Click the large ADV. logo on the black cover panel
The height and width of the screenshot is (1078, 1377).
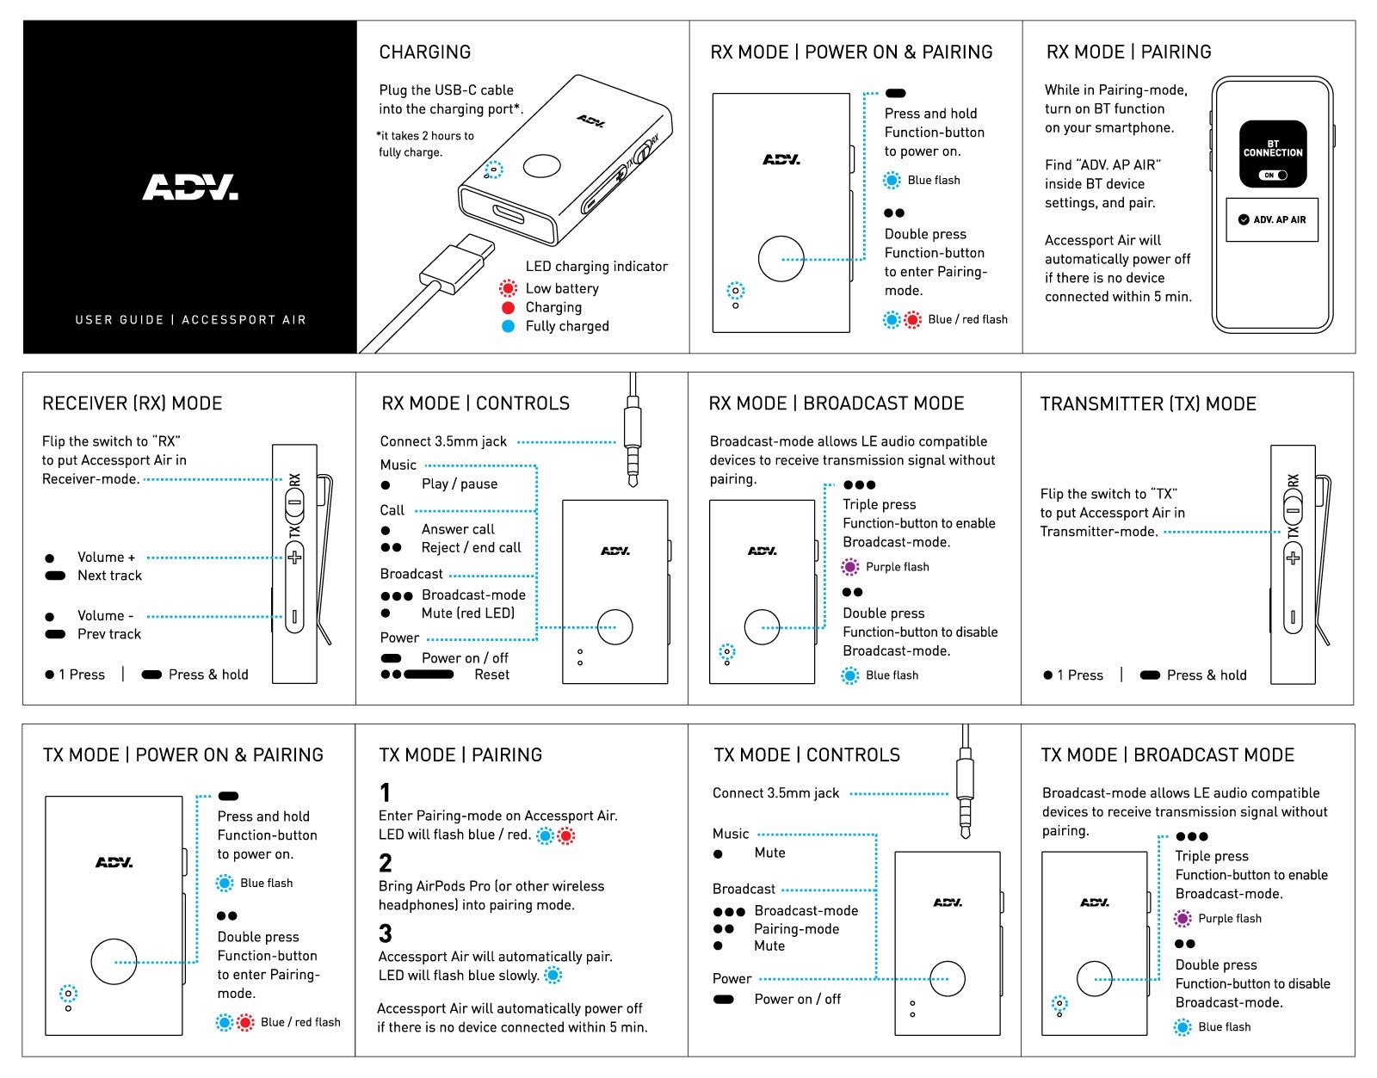[x=190, y=187]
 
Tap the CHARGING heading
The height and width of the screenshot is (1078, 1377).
[x=424, y=52]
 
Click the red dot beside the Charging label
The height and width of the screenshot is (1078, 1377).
[x=508, y=307]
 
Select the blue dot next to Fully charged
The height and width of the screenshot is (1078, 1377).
[x=508, y=326]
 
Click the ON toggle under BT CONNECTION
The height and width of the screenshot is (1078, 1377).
[x=1273, y=175]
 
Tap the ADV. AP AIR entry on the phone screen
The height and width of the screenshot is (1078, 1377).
[x=1272, y=219]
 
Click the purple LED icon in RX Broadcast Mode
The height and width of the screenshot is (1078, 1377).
[x=849, y=566]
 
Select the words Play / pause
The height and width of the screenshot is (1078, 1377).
[x=460, y=484]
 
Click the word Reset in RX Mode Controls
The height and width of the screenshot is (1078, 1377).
[x=491, y=675]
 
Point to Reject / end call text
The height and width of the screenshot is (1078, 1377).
[x=471, y=547]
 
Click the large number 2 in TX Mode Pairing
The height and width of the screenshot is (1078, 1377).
[x=386, y=863]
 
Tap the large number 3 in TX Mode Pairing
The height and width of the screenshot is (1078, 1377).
[x=386, y=933]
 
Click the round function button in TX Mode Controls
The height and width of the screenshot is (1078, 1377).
[x=947, y=979]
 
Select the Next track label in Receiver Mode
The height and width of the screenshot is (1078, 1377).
[x=109, y=576]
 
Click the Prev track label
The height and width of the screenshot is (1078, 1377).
[x=109, y=634]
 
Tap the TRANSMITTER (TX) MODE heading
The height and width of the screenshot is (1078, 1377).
[x=1147, y=403]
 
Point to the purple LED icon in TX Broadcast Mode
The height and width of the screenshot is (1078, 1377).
[x=1182, y=918]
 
